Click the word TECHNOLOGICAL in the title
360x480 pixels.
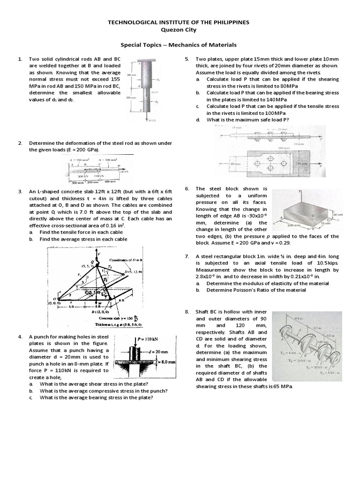(136, 22)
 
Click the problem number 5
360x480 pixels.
(186, 59)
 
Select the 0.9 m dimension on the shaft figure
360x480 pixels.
(296, 319)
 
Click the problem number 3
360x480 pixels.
(20, 192)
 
